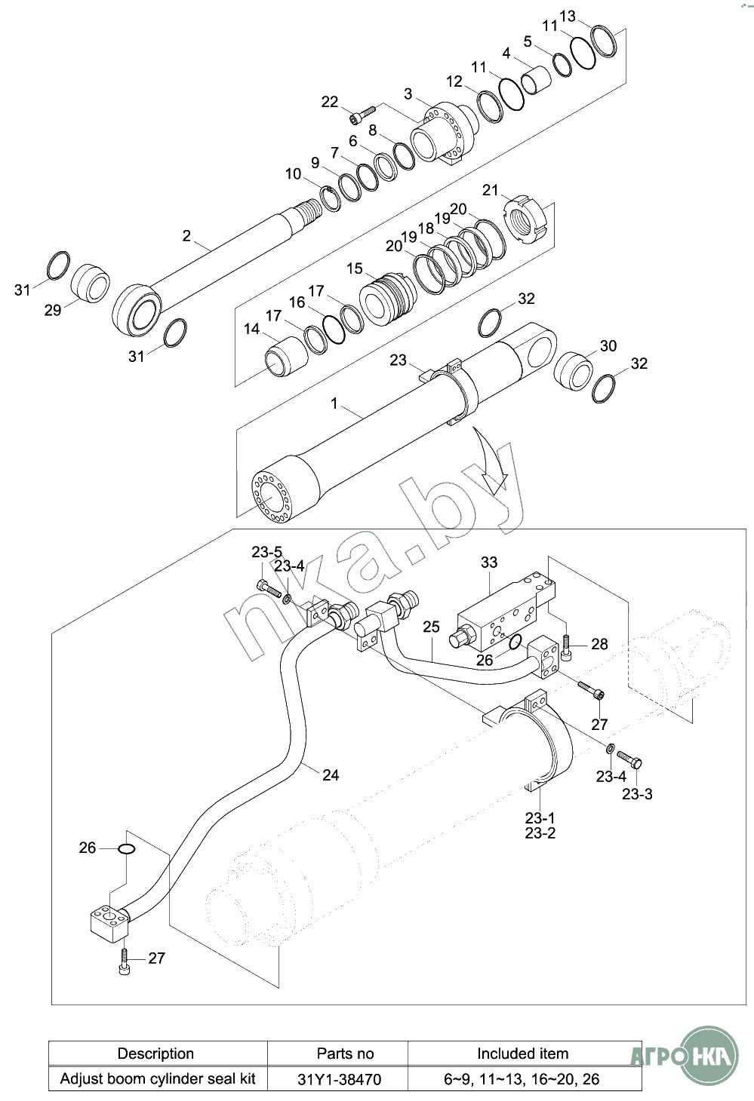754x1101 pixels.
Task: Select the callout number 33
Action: coord(489,562)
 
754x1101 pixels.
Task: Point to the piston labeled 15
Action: coord(388,299)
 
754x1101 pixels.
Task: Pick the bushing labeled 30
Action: coord(574,371)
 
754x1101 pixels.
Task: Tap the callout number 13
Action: coord(567,17)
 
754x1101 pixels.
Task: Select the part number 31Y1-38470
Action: coord(340,1079)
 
